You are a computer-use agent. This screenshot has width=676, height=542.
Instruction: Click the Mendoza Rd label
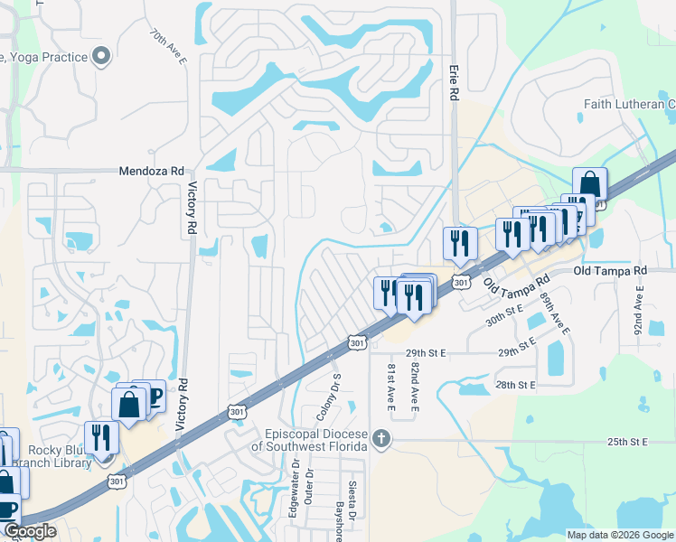click(x=152, y=171)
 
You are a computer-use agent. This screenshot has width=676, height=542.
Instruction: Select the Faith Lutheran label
click(x=629, y=104)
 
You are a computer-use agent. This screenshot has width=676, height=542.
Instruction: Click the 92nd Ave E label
click(x=638, y=307)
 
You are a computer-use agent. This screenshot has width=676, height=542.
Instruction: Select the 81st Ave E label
click(x=391, y=388)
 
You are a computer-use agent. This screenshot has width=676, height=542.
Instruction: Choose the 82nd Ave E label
click(x=415, y=388)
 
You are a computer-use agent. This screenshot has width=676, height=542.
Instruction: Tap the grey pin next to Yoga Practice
click(x=101, y=57)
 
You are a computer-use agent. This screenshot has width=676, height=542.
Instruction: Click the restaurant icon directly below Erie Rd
click(x=459, y=242)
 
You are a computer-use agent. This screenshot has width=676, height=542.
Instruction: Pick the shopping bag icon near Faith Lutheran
click(x=589, y=184)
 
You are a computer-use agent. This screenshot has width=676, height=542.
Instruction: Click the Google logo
click(x=30, y=531)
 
